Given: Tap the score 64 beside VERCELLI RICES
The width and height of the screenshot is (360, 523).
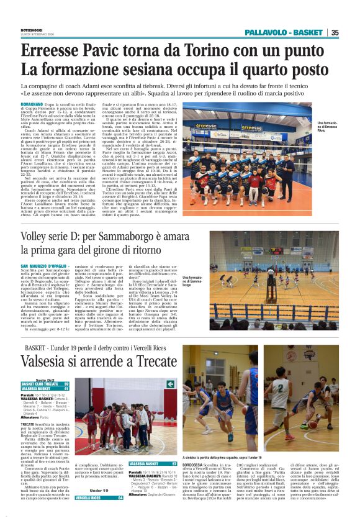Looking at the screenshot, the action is click(120, 499).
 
